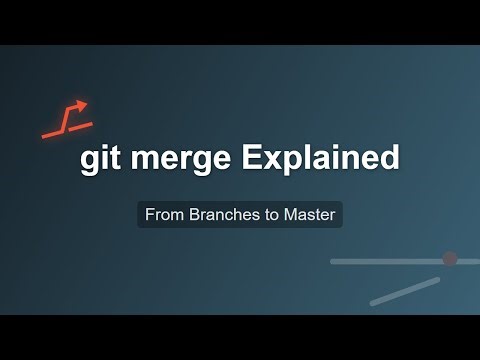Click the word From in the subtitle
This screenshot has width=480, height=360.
coord(163,214)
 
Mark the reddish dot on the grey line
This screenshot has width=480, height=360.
coord(449,259)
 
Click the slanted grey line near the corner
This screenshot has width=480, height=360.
coord(404,291)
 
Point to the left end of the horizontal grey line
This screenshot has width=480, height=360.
coord(332,261)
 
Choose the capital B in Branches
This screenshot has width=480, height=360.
coord(194,214)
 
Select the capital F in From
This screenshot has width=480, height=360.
coord(150,214)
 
